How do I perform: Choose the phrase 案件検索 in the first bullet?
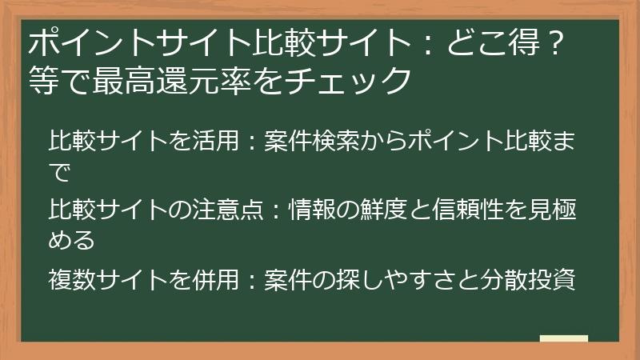point(315,142)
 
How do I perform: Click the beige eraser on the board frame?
point(563,340)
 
